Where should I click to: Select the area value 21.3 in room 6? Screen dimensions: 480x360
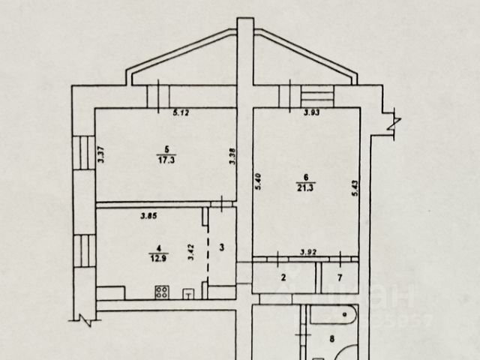click(x=306, y=187)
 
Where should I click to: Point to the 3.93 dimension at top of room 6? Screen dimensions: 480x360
click(x=311, y=113)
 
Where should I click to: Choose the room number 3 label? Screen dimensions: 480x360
click(x=221, y=247)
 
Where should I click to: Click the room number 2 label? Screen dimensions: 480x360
click(x=283, y=277)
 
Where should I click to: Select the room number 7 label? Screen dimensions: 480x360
click(x=339, y=277)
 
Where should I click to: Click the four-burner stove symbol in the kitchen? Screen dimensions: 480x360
click(x=161, y=292)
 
